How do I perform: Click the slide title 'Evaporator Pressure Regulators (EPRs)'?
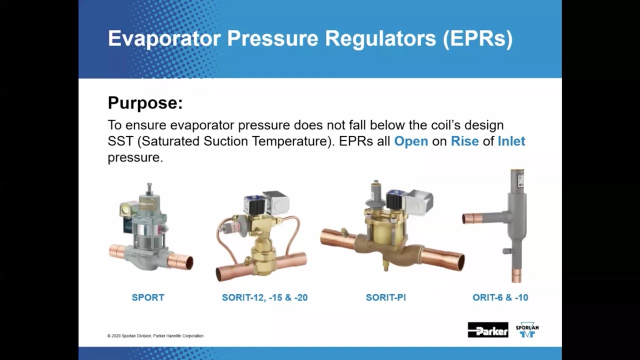pos(310,39)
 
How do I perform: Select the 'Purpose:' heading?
pos(145,103)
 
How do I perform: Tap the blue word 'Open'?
pos(410,141)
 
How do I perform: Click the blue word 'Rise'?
pos(464,141)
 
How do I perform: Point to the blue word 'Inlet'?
pos(511,141)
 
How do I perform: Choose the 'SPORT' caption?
pos(148,297)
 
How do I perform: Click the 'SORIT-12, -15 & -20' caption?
pos(264,297)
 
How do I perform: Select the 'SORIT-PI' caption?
pos(385,297)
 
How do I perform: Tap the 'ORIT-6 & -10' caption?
pos(500,297)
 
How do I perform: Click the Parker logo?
pos(487,330)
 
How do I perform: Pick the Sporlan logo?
pos(527,330)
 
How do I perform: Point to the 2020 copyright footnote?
pos(155,336)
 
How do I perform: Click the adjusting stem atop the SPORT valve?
pos(149,189)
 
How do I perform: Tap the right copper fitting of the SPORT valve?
pos(181,260)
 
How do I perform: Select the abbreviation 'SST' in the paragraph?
pos(120,141)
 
